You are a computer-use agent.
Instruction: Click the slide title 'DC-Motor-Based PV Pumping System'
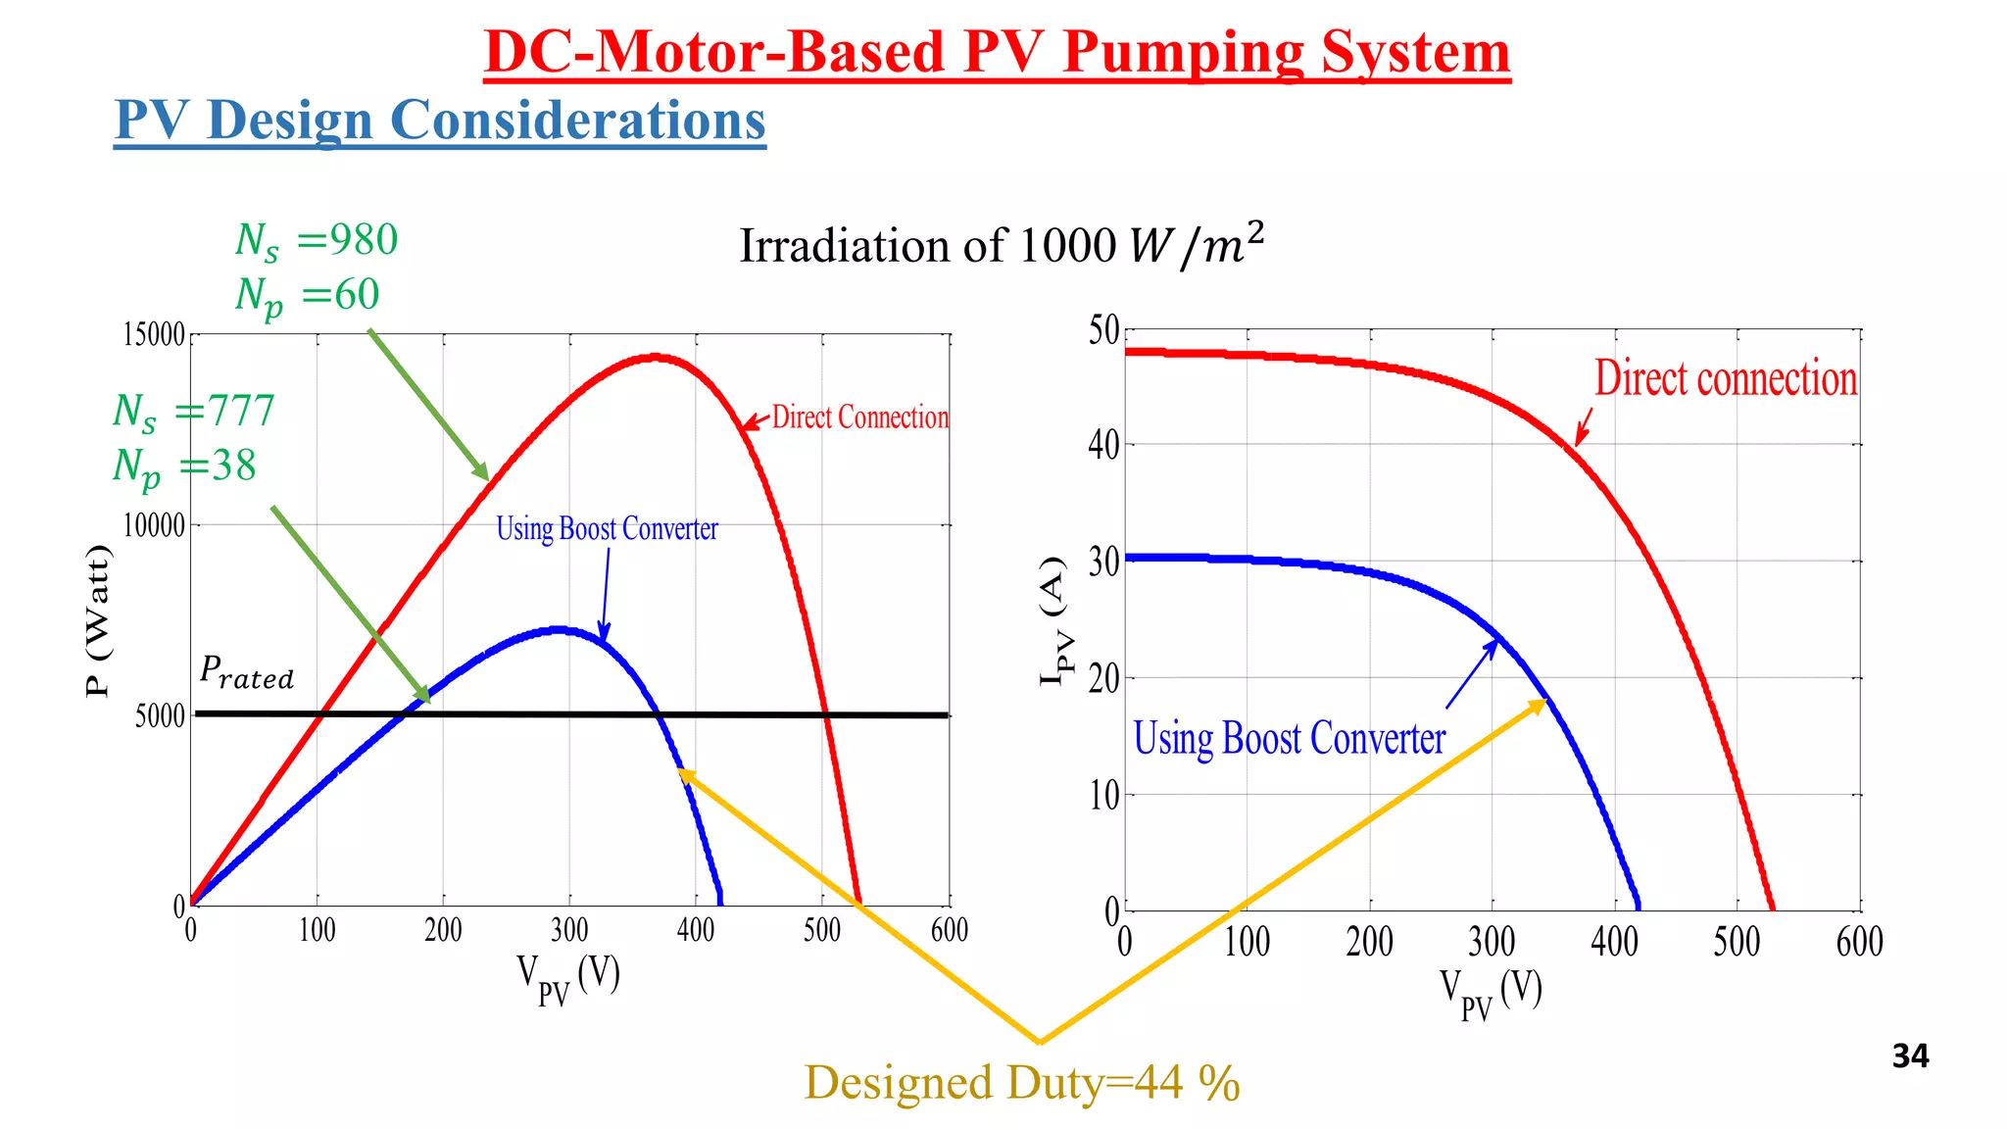pos(997,52)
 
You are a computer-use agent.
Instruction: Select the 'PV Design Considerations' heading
pos(439,121)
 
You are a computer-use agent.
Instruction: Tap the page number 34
pos(1910,1055)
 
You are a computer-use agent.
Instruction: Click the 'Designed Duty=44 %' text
pos(1022,1083)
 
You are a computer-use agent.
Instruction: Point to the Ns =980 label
pos(316,241)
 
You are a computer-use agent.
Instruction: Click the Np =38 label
pos(184,466)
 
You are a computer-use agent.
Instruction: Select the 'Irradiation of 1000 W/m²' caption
pos(1001,245)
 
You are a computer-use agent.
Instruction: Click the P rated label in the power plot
pos(246,672)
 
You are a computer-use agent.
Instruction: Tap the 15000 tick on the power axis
pos(154,335)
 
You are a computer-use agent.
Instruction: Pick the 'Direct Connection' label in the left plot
pos(859,417)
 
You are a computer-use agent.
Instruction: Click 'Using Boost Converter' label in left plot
pos(607,529)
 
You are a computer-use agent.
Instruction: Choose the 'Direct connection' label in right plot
pos(1725,378)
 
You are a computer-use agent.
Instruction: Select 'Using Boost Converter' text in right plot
pos(1289,739)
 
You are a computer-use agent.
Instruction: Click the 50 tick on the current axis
pos(1103,331)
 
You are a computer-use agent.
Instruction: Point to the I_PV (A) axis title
pos(1053,620)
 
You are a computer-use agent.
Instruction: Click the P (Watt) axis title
pos(98,620)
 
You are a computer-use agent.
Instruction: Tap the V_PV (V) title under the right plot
pos(1491,992)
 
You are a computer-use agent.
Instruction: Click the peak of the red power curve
pos(655,358)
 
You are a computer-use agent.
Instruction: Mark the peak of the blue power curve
pos(559,629)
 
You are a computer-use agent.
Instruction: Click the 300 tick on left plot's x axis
pos(569,930)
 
